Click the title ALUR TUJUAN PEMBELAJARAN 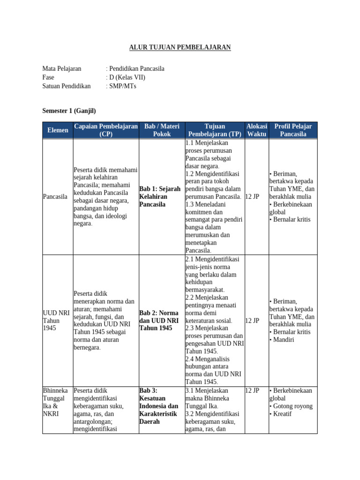(180, 47)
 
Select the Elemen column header (58, 130)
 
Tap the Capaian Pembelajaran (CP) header (105, 130)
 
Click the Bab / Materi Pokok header (162, 130)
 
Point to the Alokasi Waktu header (256, 130)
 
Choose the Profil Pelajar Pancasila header (293, 130)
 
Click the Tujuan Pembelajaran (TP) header (215, 130)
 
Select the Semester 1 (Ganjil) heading (69, 111)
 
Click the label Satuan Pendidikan (66, 86)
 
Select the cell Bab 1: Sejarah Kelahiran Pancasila (160, 196)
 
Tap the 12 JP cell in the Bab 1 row (252, 196)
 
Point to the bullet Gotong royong (292, 406)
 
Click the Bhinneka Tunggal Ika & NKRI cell (55, 402)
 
